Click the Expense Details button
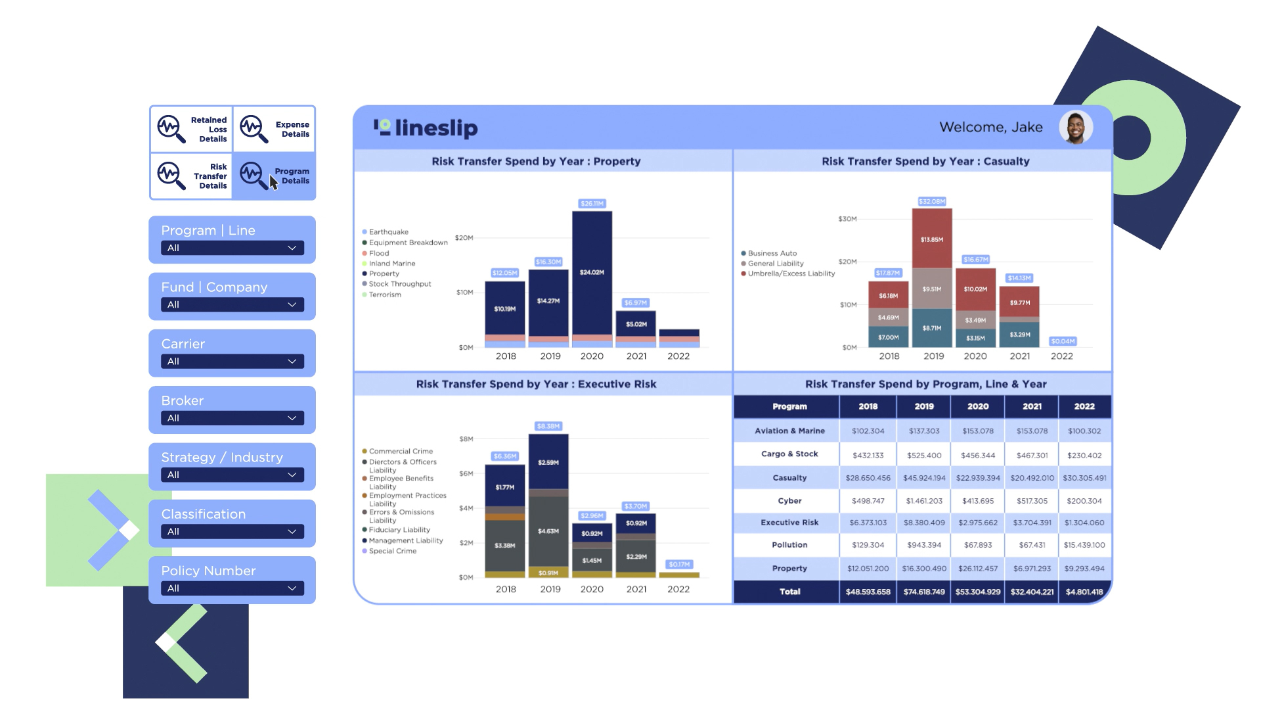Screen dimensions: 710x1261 point(275,130)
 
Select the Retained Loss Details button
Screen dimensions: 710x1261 point(192,130)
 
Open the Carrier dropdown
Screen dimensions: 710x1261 point(232,362)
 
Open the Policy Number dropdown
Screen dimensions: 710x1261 point(232,588)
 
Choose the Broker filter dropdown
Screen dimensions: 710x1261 point(232,418)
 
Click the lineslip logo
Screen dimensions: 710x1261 point(426,128)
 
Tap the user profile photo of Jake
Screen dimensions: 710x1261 point(1075,128)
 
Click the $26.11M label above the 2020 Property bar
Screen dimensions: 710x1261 point(592,204)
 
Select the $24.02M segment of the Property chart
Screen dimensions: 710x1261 point(592,272)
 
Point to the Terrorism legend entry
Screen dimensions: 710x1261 point(385,295)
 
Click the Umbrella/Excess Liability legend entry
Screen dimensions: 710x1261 point(791,273)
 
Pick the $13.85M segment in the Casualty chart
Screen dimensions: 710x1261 point(931,239)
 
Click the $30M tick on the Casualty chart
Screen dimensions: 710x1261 point(847,219)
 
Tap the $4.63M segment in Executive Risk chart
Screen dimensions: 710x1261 point(548,531)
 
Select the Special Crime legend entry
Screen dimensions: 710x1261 point(392,551)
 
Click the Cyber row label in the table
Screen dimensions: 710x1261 point(789,501)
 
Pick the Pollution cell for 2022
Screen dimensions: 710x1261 point(1084,545)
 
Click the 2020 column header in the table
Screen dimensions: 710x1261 point(977,406)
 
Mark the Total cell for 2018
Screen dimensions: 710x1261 point(868,592)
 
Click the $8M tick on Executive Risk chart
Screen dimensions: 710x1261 point(466,438)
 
